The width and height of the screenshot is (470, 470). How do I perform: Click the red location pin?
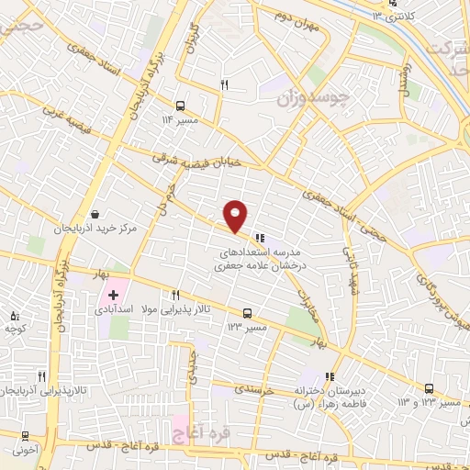(x=236, y=216)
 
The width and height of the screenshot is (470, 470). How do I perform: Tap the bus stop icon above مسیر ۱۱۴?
(x=180, y=105)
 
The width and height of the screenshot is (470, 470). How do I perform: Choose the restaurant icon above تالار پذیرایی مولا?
(x=175, y=295)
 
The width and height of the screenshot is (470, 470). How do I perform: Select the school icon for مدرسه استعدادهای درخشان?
(x=260, y=234)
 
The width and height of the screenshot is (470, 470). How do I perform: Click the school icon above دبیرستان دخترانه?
(x=330, y=375)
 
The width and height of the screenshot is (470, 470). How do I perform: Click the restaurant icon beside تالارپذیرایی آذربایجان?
(x=40, y=376)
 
